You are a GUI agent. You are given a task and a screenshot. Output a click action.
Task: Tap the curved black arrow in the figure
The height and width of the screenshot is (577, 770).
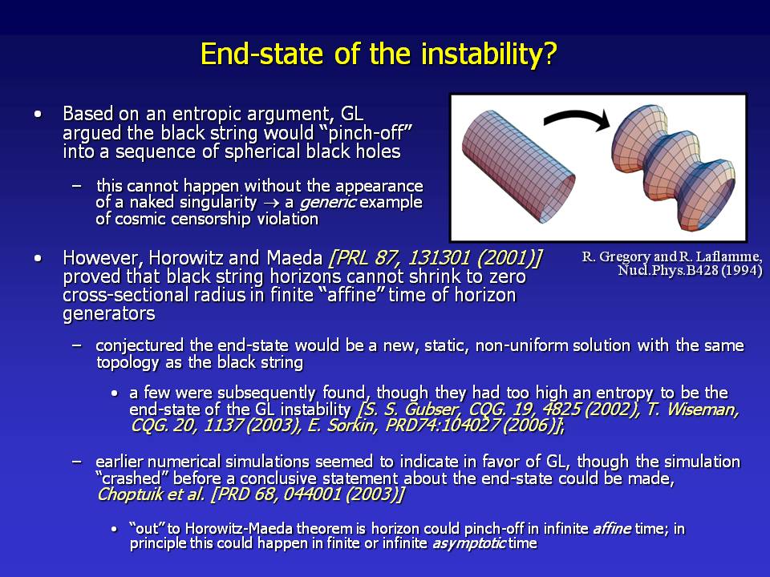[x=577, y=119]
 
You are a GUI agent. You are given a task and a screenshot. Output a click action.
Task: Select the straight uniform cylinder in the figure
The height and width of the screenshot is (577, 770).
[x=519, y=167]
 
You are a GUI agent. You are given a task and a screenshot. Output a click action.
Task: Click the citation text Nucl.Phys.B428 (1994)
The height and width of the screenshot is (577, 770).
[x=690, y=270]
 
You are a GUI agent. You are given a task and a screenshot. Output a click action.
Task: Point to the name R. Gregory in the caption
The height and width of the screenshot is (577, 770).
[x=616, y=256]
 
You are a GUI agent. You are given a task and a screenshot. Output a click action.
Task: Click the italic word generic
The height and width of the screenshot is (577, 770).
[x=327, y=202]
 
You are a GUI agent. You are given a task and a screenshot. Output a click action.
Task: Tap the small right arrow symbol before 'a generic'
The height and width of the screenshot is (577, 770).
[x=270, y=203]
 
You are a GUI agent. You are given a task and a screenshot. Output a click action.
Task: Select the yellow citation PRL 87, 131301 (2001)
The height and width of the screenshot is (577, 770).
[x=435, y=257]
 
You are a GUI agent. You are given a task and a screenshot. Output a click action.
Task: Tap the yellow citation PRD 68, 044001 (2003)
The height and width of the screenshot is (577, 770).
[x=307, y=494]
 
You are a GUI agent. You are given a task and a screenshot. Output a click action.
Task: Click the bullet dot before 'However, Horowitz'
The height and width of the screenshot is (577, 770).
[x=38, y=258]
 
